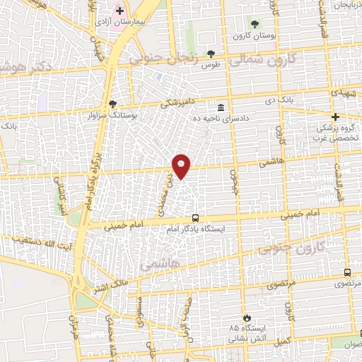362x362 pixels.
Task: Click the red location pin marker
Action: (x=182, y=166)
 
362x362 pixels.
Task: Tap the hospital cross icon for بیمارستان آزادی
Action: (x=119, y=11)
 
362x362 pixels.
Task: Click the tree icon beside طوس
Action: (x=210, y=54)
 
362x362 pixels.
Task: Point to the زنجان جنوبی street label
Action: (x=165, y=56)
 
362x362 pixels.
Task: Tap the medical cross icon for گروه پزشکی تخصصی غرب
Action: (x=335, y=117)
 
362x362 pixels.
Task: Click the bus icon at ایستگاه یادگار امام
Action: (x=194, y=218)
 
